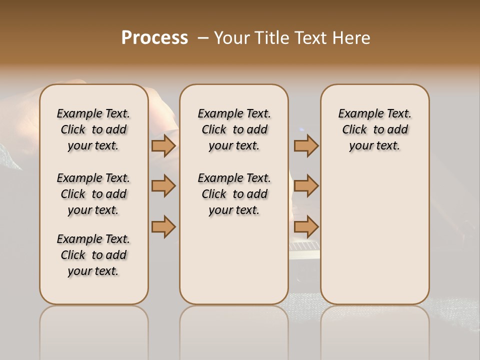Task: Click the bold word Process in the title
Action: (154, 38)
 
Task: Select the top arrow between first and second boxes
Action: (163, 145)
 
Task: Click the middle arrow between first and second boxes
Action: (163, 186)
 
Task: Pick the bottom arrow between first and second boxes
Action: (163, 226)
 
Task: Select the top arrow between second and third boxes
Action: (306, 145)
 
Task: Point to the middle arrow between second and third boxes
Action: (306, 186)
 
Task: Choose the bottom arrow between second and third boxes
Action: (306, 226)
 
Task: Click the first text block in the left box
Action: (93, 129)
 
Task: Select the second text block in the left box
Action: (93, 194)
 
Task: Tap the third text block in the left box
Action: (93, 255)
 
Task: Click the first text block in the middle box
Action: (234, 129)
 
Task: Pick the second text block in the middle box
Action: (234, 194)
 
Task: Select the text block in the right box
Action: (374, 129)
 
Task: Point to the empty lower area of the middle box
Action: (234, 260)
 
